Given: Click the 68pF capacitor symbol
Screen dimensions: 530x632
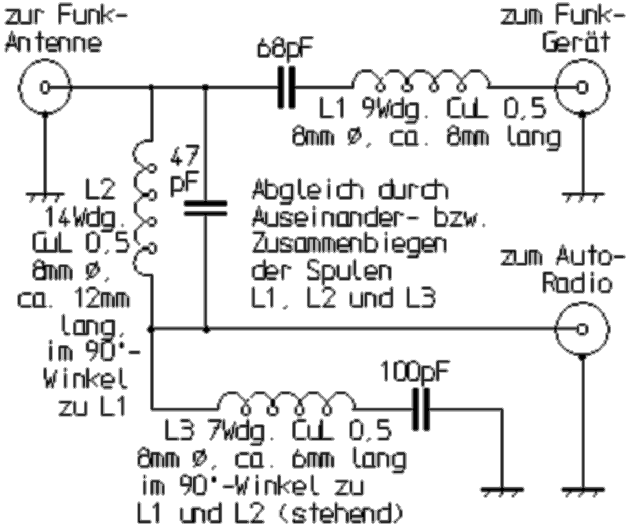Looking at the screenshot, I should pos(287,87).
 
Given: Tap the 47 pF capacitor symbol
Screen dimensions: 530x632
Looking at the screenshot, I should pos(205,208).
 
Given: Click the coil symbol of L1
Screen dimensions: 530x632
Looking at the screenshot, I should pos(420,80).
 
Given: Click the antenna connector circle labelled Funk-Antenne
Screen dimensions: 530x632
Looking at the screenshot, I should pos(45,87).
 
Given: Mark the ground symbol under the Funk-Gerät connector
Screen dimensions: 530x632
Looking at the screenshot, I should pos(582,194).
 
